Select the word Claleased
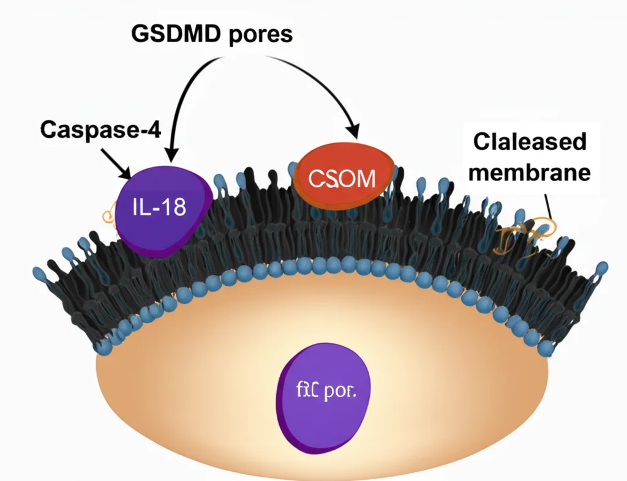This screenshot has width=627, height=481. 530,142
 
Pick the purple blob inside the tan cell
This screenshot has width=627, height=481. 325,398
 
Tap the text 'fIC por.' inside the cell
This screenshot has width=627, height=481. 325,392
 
